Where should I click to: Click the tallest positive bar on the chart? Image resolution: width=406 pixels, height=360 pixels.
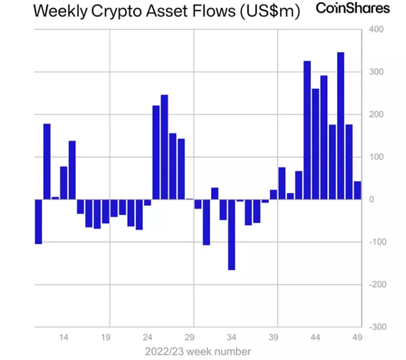pos(341,125)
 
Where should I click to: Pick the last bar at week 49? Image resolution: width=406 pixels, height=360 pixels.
pos(357,190)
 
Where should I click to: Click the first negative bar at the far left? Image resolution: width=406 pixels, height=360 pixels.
pos(38,221)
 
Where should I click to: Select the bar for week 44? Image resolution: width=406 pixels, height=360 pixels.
pos(316,144)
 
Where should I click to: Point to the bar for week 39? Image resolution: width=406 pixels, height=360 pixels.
pos(273,195)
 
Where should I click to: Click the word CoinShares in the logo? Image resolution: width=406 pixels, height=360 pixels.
pos(353,8)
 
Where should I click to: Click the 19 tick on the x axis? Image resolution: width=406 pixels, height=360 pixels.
pos(105,337)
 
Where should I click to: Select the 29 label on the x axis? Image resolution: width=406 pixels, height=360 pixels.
pos(190,337)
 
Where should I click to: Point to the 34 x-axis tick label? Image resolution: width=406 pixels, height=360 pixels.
pos(232,337)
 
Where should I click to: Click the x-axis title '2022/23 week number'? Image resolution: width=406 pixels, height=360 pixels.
pos(198,351)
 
